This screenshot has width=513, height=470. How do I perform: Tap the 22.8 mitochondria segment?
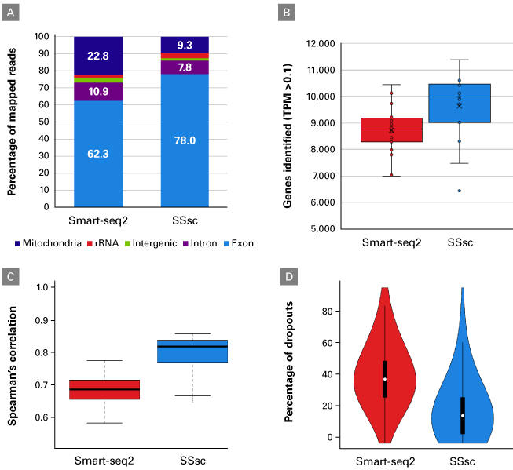pyautogui.click(x=97, y=56)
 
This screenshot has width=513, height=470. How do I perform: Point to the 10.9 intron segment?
pyautogui.click(x=97, y=92)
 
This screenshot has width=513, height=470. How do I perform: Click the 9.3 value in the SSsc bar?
pyautogui.click(x=185, y=46)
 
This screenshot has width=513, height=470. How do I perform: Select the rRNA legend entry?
pyautogui.click(x=106, y=243)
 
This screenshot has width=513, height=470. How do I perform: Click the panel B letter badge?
pyautogui.click(x=288, y=13)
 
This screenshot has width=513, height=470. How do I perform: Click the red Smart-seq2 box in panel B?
pyautogui.click(x=391, y=130)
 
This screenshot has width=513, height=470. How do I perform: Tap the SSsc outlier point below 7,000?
pyautogui.click(x=460, y=191)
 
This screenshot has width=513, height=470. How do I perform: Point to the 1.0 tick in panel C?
pyautogui.click(x=49, y=287)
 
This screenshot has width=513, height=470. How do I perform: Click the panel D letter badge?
pyautogui.click(x=288, y=276)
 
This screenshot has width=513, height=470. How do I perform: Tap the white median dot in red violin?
pyautogui.click(x=385, y=379)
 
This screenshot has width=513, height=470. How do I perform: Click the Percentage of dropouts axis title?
pyautogui.click(x=291, y=361)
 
